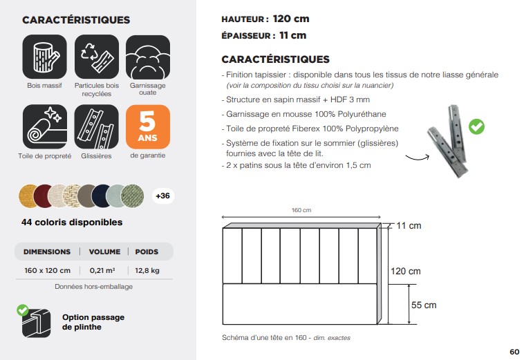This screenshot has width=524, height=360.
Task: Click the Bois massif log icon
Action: pos(45,57)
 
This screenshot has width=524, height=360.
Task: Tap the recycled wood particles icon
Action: pos(96,57)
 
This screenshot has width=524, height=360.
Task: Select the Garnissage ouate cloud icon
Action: pos(147,57)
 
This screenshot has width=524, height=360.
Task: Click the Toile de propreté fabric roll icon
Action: pos(45,127)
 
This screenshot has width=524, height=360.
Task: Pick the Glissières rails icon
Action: pos(96,127)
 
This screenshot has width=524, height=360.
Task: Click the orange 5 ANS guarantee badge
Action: pos(147,127)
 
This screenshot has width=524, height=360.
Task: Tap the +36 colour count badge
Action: pos(162,196)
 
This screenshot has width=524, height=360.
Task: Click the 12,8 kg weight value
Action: pos(147,270)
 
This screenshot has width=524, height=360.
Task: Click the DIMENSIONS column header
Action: pos(47,252)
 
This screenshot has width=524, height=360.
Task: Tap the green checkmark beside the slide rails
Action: pos(476,126)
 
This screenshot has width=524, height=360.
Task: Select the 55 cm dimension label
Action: pos(423,305)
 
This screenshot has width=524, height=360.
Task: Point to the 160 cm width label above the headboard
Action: pos(301,211)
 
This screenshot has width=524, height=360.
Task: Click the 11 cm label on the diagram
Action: pos(409,226)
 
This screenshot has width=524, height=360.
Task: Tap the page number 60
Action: pos(514,352)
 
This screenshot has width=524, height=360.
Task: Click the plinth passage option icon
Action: pos(36,321)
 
